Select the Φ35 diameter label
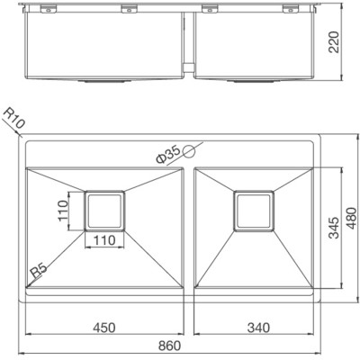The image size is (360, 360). (x=171, y=154)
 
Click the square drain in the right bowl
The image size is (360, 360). (x=253, y=211)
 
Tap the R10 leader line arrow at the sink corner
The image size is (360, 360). (x=24, y=136)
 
